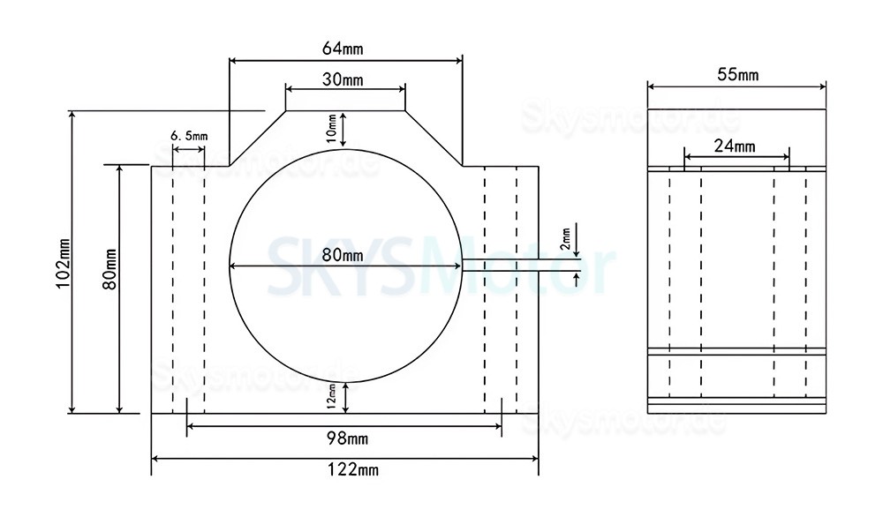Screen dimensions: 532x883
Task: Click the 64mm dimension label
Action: click(x=345, y=49)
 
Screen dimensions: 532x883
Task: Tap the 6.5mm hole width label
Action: click(x=188, y=136)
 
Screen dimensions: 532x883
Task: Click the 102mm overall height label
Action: click(x=63, y=262)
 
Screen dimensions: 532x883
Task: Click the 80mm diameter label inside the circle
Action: click(x=342, y=256)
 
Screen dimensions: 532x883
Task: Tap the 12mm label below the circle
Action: click(x=332, y=396)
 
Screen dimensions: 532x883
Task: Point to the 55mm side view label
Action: click(x=737, y=75)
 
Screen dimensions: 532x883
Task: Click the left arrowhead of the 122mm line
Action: click(x=156, y=459)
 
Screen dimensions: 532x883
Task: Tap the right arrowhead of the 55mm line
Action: click(x=822, y=86)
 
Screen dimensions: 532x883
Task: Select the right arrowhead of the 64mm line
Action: click(x=458, y=60)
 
